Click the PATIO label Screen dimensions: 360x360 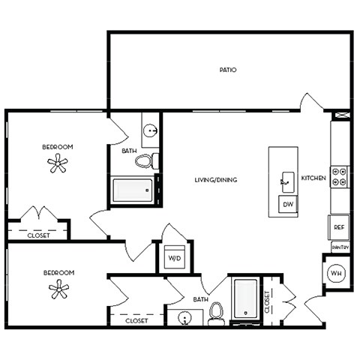[x=228, y=70]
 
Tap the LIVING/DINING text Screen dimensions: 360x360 [x=216, y=180]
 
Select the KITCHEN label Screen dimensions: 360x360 [x=313, y=178]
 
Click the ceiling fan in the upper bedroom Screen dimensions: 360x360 [x=58, y=163]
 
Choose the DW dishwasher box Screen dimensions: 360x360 [x=287, y=204]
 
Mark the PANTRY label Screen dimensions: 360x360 [x=340, y=247]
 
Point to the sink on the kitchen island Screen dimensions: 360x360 [x=286, y=179]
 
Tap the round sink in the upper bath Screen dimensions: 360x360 [x=151, y=130]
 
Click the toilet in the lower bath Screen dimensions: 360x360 [x=216, y=313]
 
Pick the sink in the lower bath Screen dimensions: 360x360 [x=184, y=319]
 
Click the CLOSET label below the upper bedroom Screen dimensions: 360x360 [x=38, y=235]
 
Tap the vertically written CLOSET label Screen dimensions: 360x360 [x=267, y=300]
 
